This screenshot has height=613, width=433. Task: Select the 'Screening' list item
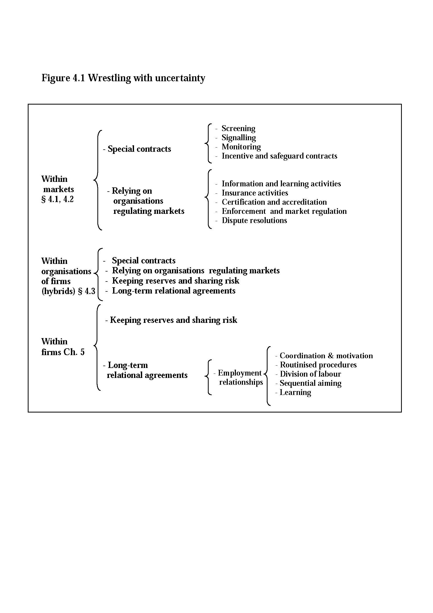coord(238,128)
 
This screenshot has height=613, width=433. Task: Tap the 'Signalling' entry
coord(239,138)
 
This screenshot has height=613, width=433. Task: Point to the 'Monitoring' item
coord(241,147)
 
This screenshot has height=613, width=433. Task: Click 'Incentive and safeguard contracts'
coord(279,156)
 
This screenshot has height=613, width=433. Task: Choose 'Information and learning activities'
coord(281,184)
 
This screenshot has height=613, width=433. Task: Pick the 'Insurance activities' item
coord(255,193)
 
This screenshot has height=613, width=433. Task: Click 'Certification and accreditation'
coord(274,202)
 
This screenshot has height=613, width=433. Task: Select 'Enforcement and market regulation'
coord(284,211)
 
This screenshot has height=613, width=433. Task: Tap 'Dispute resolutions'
coord(254,220)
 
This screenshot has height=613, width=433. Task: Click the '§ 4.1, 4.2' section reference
coord(57,199)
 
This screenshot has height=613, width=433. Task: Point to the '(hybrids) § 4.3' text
coord(68,291)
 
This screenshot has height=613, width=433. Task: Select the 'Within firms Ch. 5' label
coord(63,347)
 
